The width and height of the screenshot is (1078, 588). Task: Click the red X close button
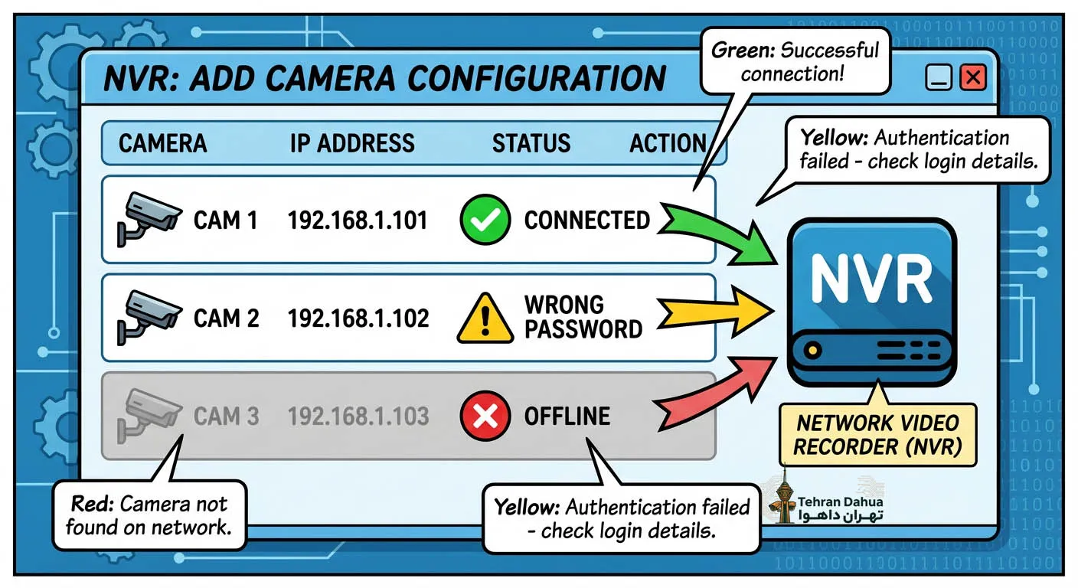[972, 77]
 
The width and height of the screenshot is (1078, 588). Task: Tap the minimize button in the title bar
[938, 77]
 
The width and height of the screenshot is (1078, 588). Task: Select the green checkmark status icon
[485, 220]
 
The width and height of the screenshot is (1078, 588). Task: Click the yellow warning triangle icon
[485, 318]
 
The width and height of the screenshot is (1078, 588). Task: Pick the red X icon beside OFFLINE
[485, 416]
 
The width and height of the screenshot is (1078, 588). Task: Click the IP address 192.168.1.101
[358, 220]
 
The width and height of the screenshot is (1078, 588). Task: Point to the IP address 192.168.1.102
[358, 318]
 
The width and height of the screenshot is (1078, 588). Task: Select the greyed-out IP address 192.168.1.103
[358, 416]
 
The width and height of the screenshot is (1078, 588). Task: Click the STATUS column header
[531, 143]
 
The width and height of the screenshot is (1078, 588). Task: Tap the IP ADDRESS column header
[352, 143]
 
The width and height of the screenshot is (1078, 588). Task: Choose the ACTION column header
[668, 143]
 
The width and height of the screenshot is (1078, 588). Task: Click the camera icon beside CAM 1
[149, 219]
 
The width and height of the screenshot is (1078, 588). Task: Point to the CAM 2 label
[226, 318]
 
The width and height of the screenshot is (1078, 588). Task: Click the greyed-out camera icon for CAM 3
[149, 415]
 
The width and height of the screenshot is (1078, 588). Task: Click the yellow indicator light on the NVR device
[813, 350]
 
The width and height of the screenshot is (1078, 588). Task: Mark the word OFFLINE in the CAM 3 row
[567, 416]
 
